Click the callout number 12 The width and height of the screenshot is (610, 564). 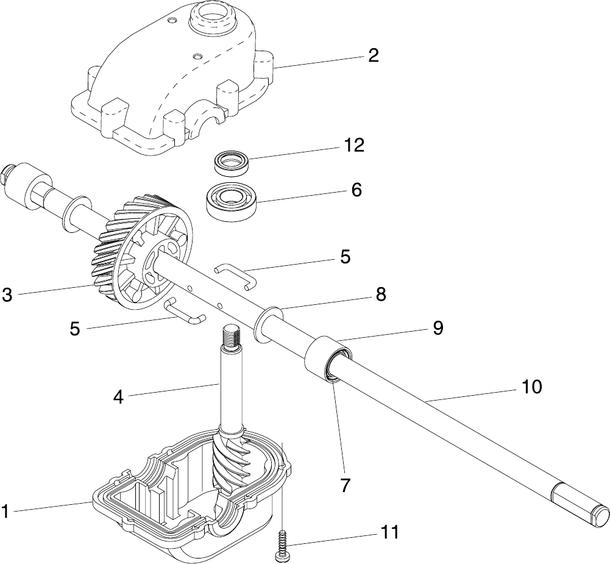pos(354,145)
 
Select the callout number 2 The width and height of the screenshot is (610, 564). pos(373,55)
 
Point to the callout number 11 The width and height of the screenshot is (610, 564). pos(389,532)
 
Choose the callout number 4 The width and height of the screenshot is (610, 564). pos(119,397)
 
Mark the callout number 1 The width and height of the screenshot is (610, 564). pos(5,511)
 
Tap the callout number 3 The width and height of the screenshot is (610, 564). pos(7,294)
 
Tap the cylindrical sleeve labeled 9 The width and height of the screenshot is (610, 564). pos(328,358)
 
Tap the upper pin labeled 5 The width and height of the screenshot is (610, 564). pos(235,275)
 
